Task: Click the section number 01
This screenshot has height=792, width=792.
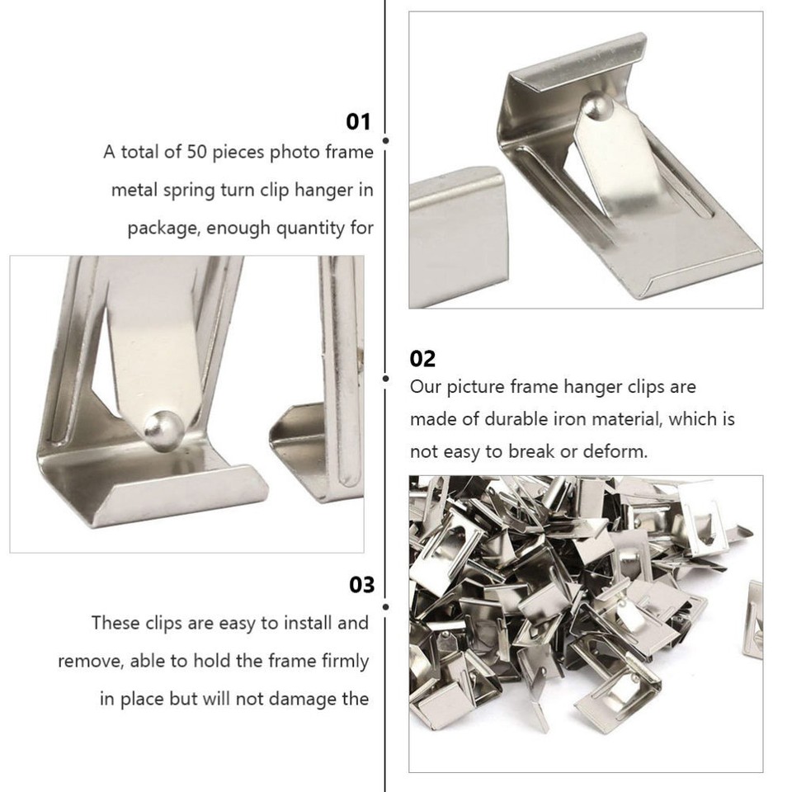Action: point(358,122)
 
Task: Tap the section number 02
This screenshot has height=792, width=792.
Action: point(422,359)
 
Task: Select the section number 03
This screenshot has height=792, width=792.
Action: point(361,585)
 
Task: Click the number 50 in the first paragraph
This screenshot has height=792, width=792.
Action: point(214,153)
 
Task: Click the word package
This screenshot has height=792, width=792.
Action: point(161,229)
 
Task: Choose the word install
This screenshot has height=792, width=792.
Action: point(296,623)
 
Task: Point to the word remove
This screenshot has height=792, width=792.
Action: point(87,662)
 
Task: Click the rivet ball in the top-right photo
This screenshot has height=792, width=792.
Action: point(594,106)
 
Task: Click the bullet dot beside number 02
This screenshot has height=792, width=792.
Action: point(385,379)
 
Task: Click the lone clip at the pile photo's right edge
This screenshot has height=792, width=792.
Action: point(752,618)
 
